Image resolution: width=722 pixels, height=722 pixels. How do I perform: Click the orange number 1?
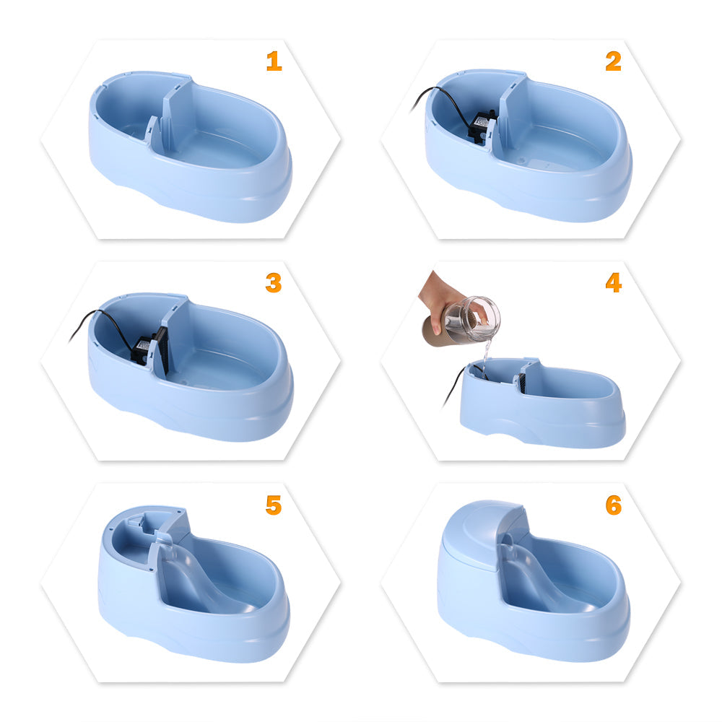coord(274,61)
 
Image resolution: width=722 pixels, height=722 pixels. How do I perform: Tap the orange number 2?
coord(613,61)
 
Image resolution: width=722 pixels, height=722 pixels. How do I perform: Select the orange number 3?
coord(274,283)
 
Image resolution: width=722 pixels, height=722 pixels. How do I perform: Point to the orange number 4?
coord(613,282)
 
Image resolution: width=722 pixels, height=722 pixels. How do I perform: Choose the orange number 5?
coord(274,505)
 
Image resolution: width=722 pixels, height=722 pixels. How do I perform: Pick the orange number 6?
coord(613,505)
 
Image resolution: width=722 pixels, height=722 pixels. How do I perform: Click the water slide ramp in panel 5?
coord(191,578)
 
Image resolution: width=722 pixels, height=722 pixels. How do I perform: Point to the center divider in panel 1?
coord(173,116)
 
